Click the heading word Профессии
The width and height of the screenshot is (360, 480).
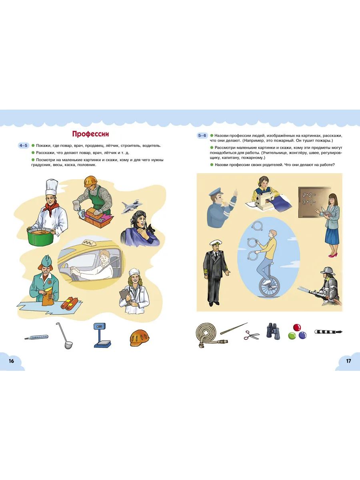[x=90, y=134]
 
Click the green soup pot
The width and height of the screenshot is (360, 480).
[x=41, y=237]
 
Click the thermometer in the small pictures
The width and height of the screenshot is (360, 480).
[x=36, y=337]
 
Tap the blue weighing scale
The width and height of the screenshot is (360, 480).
[x=102, y=335]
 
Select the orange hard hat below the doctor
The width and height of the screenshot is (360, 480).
[x=139, y=338]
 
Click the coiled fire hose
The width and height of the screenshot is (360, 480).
[x=209, y=334]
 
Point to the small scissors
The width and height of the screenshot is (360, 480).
[x=251, y=335]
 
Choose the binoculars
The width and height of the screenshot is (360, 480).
[x=273, y=331]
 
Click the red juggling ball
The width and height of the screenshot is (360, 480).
[x=297, y=328]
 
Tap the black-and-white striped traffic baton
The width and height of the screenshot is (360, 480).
[x=328, y=332]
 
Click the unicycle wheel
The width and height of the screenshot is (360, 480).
[x=269, y=286]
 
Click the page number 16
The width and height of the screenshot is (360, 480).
[x=11, y=361]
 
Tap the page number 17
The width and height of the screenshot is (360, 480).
[x=348, y=361]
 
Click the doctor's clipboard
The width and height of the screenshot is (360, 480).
[x=124, y=295]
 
